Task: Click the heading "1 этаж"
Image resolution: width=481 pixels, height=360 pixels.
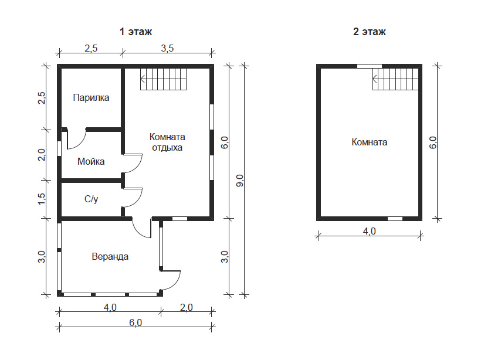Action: click(x=136, y=32)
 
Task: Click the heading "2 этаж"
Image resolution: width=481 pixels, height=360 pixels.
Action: click(x=370, y=32)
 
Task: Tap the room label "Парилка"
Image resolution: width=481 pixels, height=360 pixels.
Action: click(x=91, y=97)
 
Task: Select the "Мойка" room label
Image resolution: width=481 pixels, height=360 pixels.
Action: click(x=91, y=161)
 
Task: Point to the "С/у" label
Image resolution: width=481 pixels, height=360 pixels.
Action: click(x=91, y=199)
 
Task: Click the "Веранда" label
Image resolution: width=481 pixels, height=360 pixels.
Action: click(x=110, y=256)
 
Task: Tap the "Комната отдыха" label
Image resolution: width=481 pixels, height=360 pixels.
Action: click(x=167, y=142)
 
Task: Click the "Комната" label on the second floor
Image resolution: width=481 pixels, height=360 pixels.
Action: click(x=370, y=142)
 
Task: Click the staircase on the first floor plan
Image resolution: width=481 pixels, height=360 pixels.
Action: click(x=164, y=79)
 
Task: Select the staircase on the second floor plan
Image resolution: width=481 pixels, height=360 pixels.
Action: click(x=395, y=79)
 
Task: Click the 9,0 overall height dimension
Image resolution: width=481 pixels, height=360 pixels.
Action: click(x=239, y=181)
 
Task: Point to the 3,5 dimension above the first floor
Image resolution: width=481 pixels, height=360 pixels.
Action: click(x=167, y=48)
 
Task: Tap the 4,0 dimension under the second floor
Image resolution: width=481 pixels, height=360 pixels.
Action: click(x=370, y=231)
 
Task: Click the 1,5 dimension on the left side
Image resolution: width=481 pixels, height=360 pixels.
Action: click(x=42, y=199)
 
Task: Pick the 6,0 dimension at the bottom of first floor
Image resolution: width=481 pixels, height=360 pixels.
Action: click(x=136, y=322)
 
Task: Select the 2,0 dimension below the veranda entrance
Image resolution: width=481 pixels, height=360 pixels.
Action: click(x=187, y=307)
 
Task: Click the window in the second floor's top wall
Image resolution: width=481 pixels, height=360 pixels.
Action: click(x=370, y=66)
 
